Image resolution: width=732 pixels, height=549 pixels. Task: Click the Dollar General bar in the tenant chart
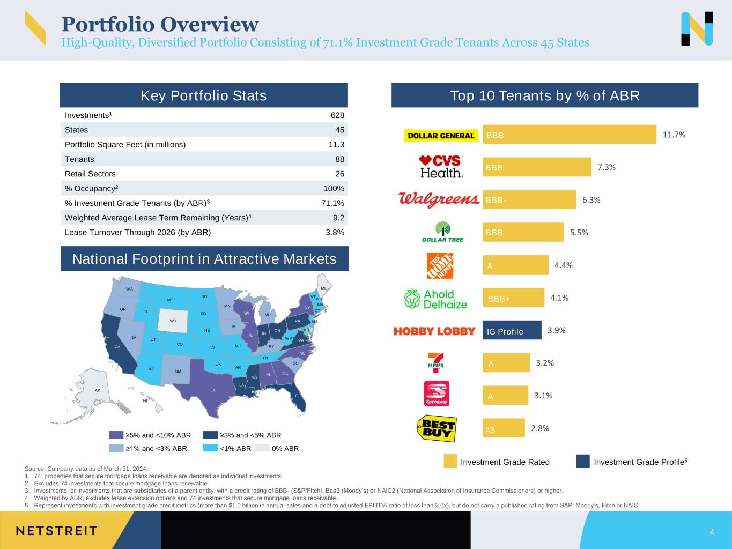(x=569, y=135)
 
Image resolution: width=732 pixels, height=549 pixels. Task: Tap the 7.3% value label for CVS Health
(x=606, y=167)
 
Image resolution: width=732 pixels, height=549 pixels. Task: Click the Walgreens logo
(x=439, y=199)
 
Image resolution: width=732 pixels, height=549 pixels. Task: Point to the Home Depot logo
(x=440, y=265)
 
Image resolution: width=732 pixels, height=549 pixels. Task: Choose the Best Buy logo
(x=437, y=428)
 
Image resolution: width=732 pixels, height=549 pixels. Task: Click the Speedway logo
(x=437, y=394)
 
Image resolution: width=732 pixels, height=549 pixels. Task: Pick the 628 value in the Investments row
(x=337, y=115)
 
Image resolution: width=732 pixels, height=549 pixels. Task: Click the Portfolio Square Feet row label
(x=125, y=145)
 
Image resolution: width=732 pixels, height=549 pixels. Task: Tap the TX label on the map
(x=212, y=390)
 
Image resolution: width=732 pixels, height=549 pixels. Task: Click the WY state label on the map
(x=173, y=321)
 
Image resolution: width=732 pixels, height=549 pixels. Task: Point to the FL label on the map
(x=297, y=396)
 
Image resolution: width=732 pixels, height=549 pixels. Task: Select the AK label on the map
(x=97, y=390)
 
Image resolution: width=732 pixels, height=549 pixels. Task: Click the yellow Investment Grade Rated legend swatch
(x=450, y=462)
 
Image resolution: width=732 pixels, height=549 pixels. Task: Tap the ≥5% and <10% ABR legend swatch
(x=116, y=435)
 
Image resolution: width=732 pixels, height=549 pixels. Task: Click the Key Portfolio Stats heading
(x=203, y=95)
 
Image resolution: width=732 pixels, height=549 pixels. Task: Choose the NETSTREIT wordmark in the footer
(x=57, y=530)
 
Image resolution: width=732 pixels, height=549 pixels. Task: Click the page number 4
(x=712, y=532)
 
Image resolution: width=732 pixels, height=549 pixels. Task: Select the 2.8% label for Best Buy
(x=539, y=428)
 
